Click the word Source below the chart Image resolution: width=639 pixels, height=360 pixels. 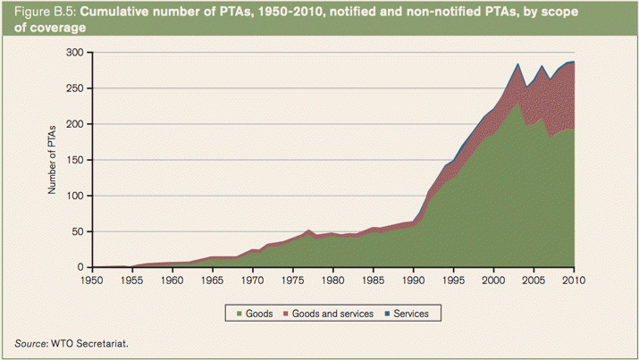[x=32, y=343]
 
